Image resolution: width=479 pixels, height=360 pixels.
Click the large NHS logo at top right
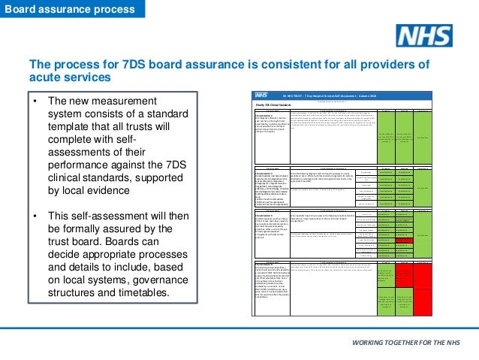pyautogui.click(x=424, y=35)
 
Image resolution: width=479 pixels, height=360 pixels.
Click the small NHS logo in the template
pyautogui.click(x=261, y=97)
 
